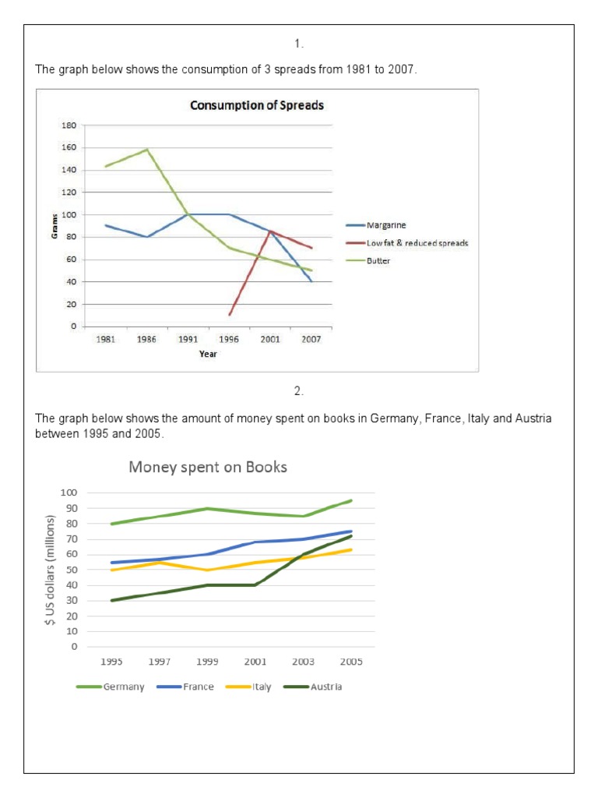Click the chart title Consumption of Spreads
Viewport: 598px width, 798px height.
[x=257, y=105]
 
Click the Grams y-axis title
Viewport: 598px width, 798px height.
[x=55, y=226]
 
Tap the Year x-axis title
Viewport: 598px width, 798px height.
[x=207, y=354]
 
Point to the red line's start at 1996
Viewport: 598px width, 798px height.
[x=230, y=315]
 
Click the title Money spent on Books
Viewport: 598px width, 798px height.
[x=208, y=468]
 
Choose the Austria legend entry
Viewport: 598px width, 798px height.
[x=324, y=687]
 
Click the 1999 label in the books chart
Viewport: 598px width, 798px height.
[x=207, y=662]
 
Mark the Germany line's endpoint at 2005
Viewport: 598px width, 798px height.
[x=351, y=500]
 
